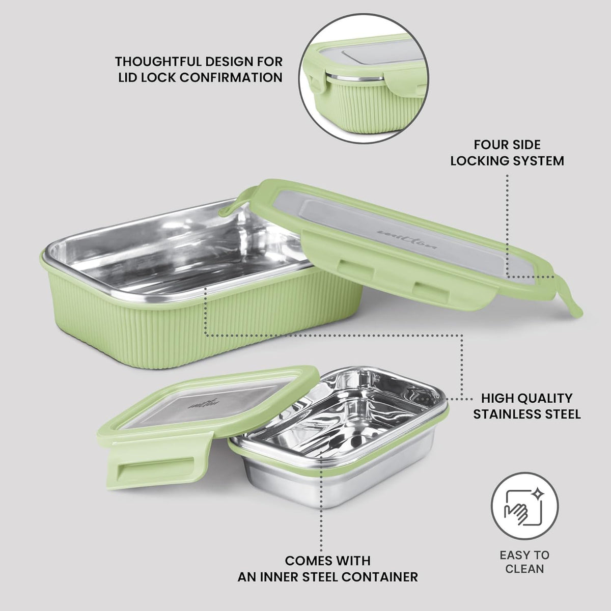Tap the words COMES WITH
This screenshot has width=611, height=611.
[327, 561]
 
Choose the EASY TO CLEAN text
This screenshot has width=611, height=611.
[524, 562]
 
